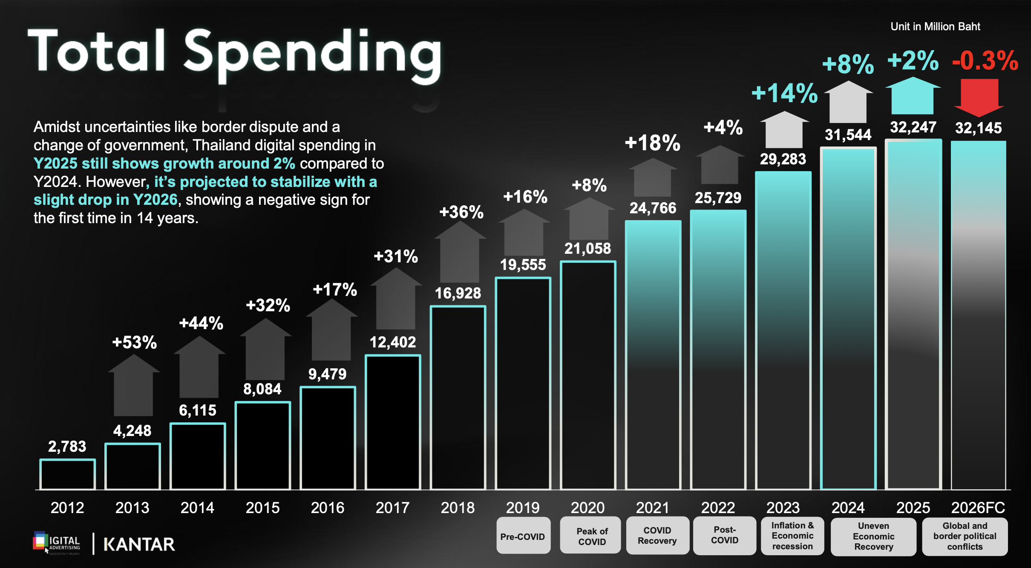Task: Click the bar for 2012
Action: (x=67, y=474)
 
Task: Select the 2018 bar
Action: (x=458, y=398)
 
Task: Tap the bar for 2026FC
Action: (x=978, y=315)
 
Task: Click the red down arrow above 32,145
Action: (x=979, y=98)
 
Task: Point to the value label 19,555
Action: (x=523, y=265)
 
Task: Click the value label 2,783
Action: (x=67, y=446)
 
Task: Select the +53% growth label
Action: (x=134, y=342)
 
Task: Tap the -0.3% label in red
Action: (x=985, y=60)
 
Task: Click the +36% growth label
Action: (x=461, y=212)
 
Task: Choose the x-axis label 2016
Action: (x=327, y=508)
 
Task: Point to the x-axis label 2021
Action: (x=653, y=508)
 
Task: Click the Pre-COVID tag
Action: (x=523, y=536)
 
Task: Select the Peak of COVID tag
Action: (x=591, y=536)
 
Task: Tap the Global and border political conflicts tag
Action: (x=965, y=536)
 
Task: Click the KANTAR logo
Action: (x=139, y=544)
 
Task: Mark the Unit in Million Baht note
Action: (x=935, y=26)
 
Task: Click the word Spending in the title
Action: (x=313, y=53)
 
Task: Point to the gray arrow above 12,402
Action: (x=396, y=298)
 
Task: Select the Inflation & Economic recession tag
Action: (x=792, y=536)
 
